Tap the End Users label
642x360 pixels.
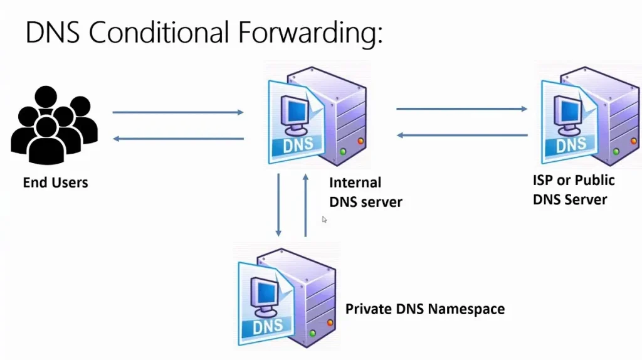(55, 183)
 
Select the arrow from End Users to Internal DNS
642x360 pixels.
(178, 113)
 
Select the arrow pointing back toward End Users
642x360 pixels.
(178, 139)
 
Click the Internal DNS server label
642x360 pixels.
(366, 193)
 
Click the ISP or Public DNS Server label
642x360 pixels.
(573, 190)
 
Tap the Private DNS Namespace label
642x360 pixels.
(425, 309)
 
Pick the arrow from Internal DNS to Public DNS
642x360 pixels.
(461, 109)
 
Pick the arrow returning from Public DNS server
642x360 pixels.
(461, 135)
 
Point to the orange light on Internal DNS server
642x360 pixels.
(360, 141)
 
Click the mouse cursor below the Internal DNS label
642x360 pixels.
(324, 220)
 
